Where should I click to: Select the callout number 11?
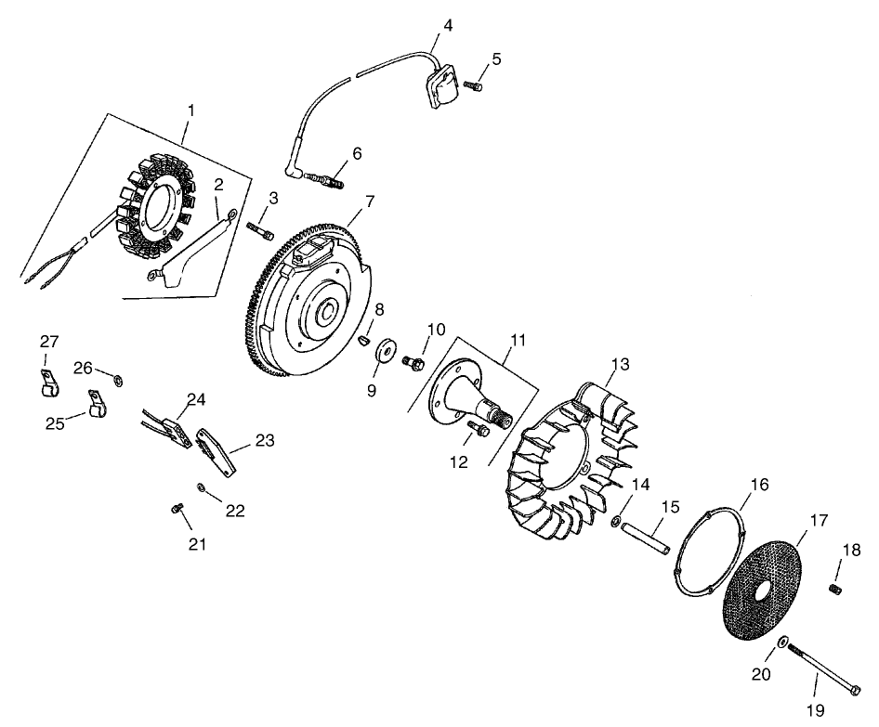coord(517,342)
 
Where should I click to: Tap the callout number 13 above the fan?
coord(621,363)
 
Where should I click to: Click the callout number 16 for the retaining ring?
coord(759,486)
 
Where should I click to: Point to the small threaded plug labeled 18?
coord(834,590)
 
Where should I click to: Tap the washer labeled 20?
coord(783,643)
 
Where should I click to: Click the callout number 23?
coord(264,442)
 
